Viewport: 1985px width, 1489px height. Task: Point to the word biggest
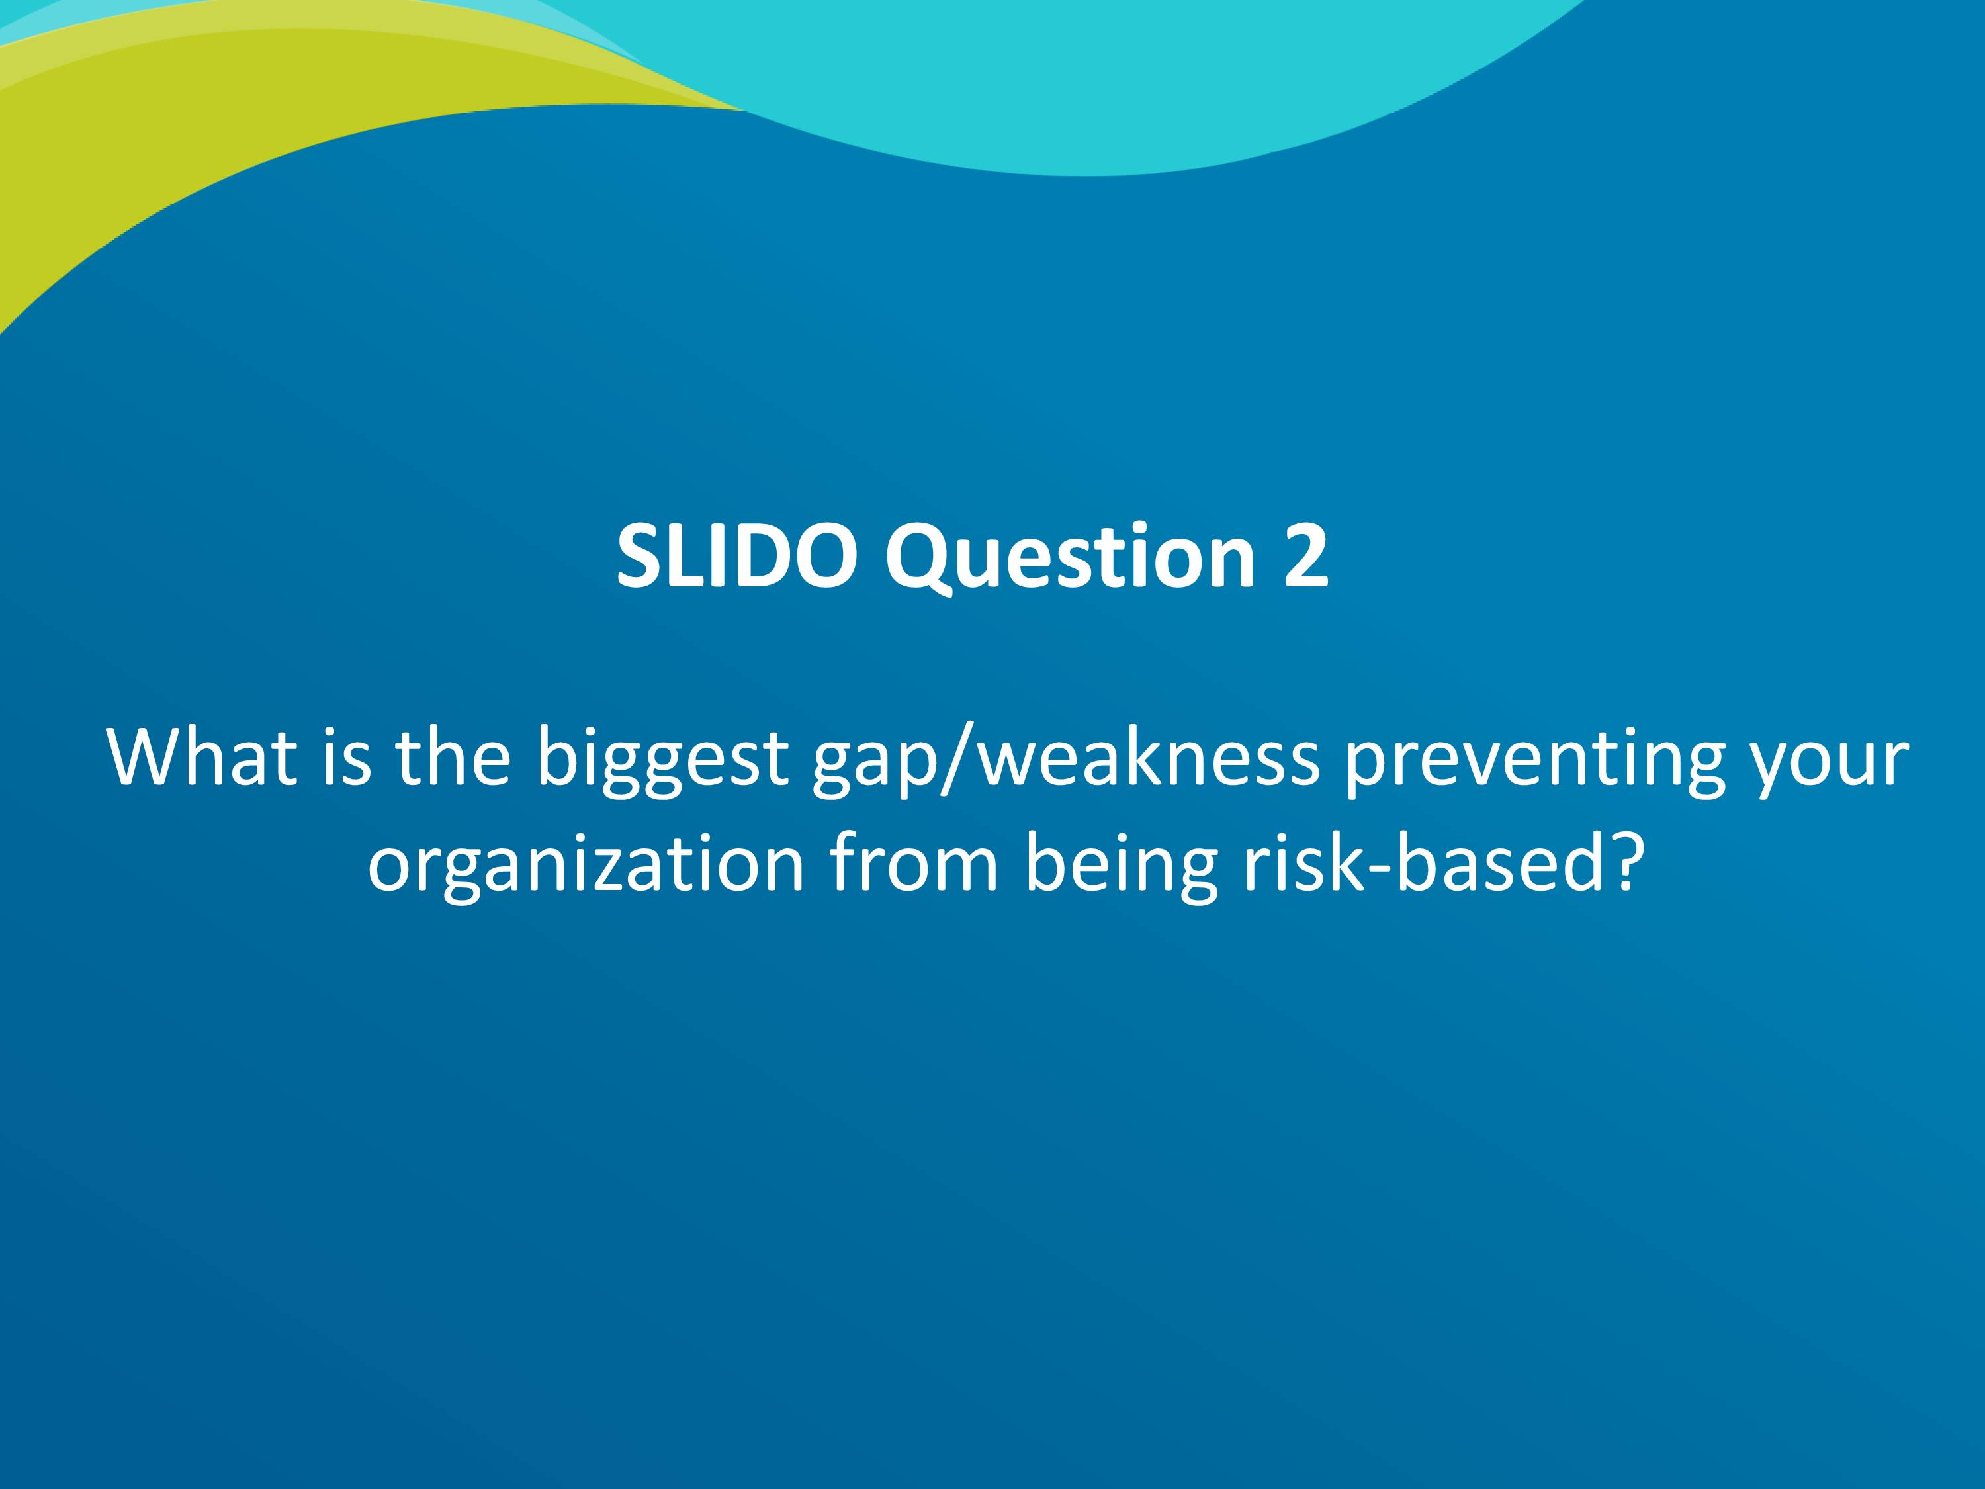tap(662, 763)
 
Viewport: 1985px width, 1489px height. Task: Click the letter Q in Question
tap(919, 561)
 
